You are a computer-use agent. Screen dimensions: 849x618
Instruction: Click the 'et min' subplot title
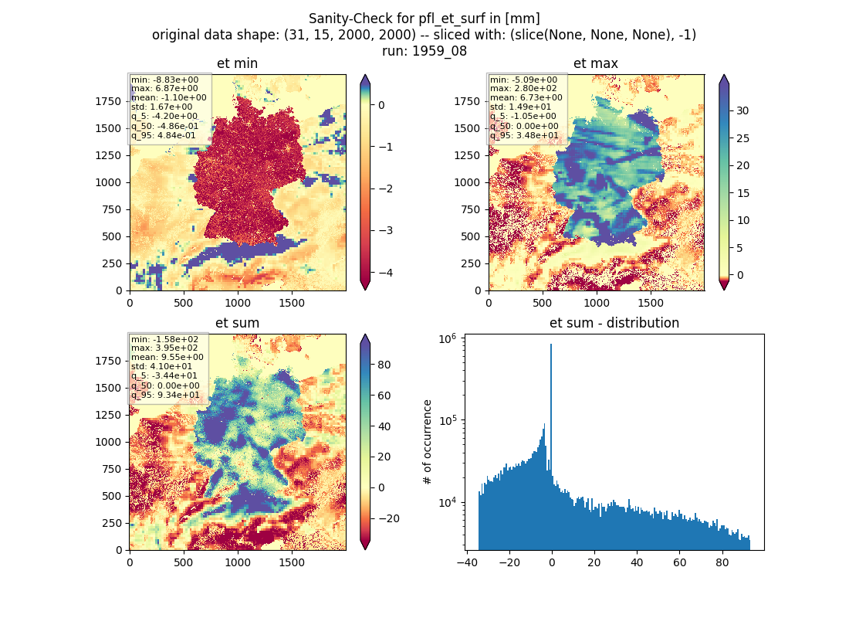click(237, 63)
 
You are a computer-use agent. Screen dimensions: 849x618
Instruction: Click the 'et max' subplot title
click(596, 63)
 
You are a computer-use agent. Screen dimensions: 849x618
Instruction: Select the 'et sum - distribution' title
click(614, 323)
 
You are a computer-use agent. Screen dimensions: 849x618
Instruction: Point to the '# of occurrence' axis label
click(428, 443)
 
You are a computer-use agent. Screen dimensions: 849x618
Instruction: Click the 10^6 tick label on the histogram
click(448, 339)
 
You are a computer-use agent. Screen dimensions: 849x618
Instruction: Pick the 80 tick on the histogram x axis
click(722, 562)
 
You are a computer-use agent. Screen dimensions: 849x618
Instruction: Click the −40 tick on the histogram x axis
click(466, 562)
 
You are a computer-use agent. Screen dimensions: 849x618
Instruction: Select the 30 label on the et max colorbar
click(742, 110)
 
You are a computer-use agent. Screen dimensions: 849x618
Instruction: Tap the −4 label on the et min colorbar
click(385, 273)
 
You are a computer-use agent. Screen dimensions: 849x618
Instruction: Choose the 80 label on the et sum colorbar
click(384, 365)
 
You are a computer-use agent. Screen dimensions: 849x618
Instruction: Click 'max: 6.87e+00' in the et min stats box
click(164, 88)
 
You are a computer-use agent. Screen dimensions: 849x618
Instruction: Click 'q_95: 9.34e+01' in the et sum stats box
click(165, 395)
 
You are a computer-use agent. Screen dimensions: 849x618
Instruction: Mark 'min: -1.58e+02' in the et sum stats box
click(164, 339)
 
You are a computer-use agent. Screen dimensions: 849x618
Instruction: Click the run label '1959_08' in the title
click(439, 52)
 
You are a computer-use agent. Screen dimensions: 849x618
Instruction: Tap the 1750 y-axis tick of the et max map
click(467, 101)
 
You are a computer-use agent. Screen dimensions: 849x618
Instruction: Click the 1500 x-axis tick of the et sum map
click(292, 562)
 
